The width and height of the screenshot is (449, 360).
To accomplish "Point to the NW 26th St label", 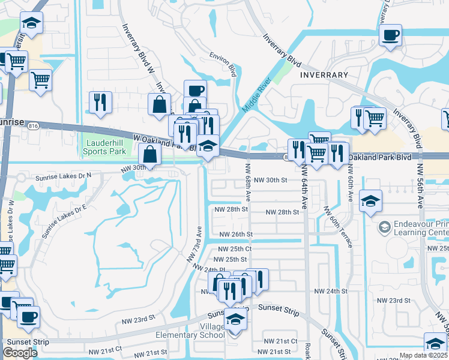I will tap(236, 234).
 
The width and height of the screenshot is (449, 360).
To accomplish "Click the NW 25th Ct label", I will tap(235, 248).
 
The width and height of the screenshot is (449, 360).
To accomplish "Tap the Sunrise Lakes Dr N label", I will tap(64, 175).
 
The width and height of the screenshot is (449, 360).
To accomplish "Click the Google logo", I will tap(20, 352).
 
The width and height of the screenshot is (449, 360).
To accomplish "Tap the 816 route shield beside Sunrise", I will tap(34, 125).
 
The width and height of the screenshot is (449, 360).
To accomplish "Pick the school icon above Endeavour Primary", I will tap(371, 201).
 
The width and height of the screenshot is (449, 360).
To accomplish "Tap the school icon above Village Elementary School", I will tap(235, 320).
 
